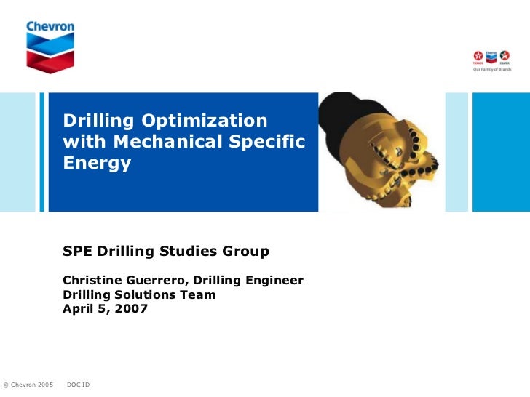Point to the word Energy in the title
[x=97, y=163]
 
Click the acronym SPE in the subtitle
[x=78, y=252]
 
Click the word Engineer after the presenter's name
[x=273, y=281]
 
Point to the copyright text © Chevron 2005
[x=28, y=384]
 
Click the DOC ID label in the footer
[x=78, y=384]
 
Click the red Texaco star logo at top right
[x=478, y=55]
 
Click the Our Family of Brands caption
[x=492, y=69]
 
